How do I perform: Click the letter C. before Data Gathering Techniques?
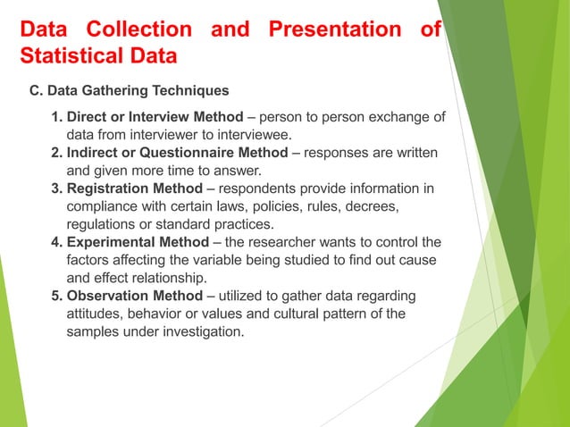[37, 91]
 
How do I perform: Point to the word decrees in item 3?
[367, 206]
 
